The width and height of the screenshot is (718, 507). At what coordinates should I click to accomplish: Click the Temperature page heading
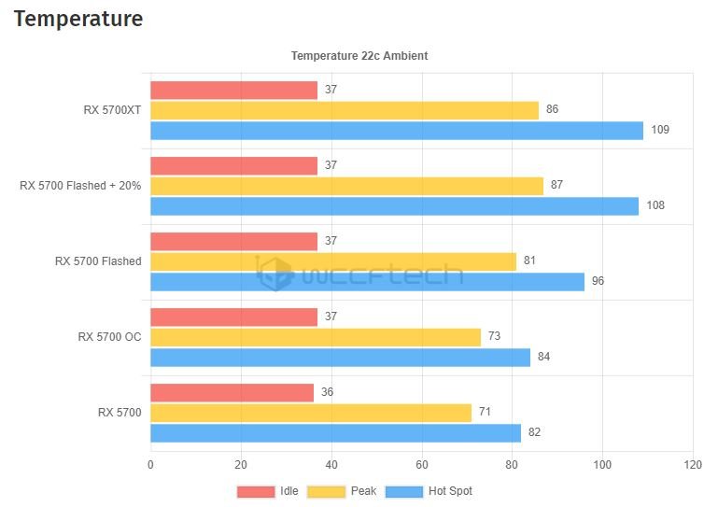[78, 19]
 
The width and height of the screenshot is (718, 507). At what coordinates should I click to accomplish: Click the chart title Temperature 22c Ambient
[359, 56]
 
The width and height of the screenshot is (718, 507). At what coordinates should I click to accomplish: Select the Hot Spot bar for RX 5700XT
[397, 130]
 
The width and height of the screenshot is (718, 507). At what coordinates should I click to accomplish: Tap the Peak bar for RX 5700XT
[345, 110]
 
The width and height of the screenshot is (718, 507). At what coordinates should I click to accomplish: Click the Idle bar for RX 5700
[232, 392]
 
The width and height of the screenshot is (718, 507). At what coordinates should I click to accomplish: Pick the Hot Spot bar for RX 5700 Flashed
[367, 281]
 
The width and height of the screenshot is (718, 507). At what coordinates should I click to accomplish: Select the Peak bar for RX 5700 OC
[316, 337]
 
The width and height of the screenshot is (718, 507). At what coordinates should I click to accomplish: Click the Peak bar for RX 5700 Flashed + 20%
[346, 186]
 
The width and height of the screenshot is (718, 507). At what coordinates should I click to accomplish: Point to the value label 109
[660, 130]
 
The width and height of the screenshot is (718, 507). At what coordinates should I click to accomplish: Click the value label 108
[655, 205]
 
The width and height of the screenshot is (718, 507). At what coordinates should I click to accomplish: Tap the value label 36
[327, 392]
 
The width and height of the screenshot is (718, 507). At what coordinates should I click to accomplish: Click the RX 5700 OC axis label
[109, 337]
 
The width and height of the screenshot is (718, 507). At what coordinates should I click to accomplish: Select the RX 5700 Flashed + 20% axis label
[80, 186]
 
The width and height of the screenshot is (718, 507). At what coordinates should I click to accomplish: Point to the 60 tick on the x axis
[422, 464]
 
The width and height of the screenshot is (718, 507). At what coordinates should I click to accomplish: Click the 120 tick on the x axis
[692, 464]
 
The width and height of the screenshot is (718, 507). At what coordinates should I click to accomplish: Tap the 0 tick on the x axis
[150, 464]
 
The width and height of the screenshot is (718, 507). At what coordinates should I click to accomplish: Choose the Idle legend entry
[268, 491]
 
